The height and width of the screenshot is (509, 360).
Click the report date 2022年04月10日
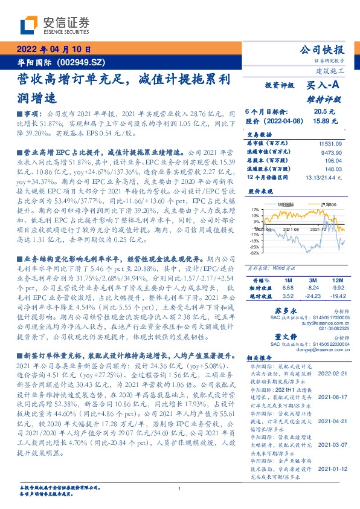(x=53, y=51)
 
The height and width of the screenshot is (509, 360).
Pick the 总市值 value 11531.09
(x=330, y=144)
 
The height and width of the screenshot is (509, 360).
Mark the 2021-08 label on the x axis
(x=291, y=230)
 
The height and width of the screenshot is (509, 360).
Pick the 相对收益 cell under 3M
(x=312, y=288)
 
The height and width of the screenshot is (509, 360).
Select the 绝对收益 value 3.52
(x=288, y=296)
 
